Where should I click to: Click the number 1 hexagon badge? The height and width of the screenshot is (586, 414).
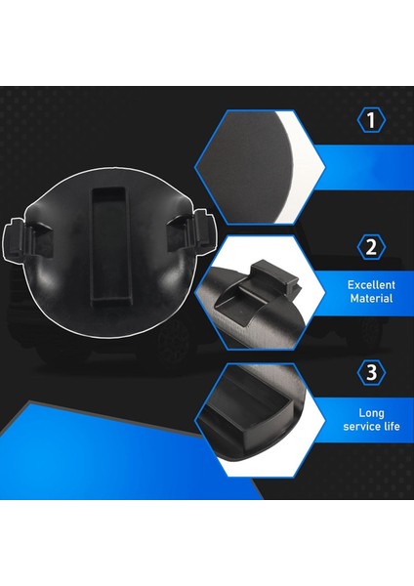[370, 121]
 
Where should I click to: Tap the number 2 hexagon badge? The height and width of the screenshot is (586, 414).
[370, 246]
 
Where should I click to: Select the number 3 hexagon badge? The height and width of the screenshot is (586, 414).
[370, 372]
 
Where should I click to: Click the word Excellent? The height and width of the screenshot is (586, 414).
[370, 285]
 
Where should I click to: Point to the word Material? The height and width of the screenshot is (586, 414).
[370, 299]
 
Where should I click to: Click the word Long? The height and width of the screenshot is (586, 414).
[371, 412]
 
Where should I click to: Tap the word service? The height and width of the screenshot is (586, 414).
[359, 427]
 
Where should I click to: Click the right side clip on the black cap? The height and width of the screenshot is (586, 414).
[193, 230]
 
